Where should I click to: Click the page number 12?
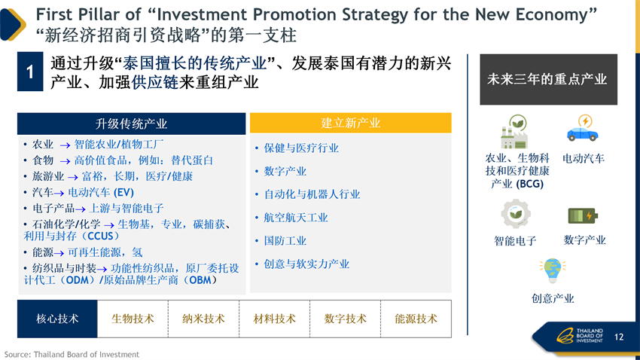[619, 337]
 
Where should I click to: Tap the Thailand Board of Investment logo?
[580, 335]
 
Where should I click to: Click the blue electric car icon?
[583, 128]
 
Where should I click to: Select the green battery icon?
[583, 215]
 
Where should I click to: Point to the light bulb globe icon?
[552, 270]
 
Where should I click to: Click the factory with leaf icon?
[514, 132]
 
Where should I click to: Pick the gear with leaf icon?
[516, 213]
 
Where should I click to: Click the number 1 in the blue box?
[30, 72]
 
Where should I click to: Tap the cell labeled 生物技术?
[133, 319]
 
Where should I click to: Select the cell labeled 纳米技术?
[203, 319]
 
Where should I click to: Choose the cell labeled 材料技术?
[274, 319]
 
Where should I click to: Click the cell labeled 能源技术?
[416, 319]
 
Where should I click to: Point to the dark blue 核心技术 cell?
[57, 319]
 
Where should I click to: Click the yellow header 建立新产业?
[351, 123]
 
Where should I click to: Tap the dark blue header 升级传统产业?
[132, 124]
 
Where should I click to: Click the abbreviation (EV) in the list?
[123, 192]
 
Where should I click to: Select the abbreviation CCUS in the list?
[100, 236]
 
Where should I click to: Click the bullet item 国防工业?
[285, 241]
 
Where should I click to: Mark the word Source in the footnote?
[17, 354]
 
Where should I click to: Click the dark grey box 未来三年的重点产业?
[548, 80]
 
